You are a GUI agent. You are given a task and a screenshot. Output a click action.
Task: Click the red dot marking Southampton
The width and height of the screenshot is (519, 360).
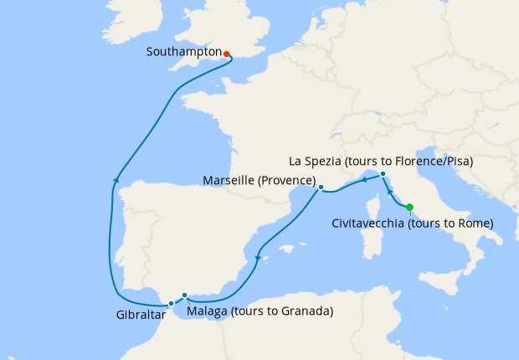[x=227, y=54]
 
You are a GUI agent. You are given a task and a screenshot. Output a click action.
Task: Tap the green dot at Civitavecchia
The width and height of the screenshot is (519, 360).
[x=409, y=207]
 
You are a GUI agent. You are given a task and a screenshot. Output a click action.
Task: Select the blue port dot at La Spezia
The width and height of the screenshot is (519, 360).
[x=383, y=174]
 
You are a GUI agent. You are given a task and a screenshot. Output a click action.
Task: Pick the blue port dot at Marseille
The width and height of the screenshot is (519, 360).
[x=321, y=188]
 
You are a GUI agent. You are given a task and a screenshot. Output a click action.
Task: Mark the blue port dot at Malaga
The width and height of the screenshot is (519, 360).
[x=184, y=295]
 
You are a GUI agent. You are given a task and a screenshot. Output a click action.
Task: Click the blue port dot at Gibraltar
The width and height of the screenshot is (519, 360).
[x=171, y=303]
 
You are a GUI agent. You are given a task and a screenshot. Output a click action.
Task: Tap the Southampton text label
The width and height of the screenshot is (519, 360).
[x=183, y=52]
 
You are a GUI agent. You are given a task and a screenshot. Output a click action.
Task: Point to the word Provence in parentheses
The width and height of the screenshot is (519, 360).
[x=285, y=182]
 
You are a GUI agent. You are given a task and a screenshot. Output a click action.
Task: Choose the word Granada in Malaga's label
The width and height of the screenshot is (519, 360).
[x=305, y=312]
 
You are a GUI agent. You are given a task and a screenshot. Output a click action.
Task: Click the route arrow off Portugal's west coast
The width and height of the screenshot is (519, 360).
[x=116, y=178]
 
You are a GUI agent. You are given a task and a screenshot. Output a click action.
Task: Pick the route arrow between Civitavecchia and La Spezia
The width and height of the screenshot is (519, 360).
[x=389, y=195]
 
